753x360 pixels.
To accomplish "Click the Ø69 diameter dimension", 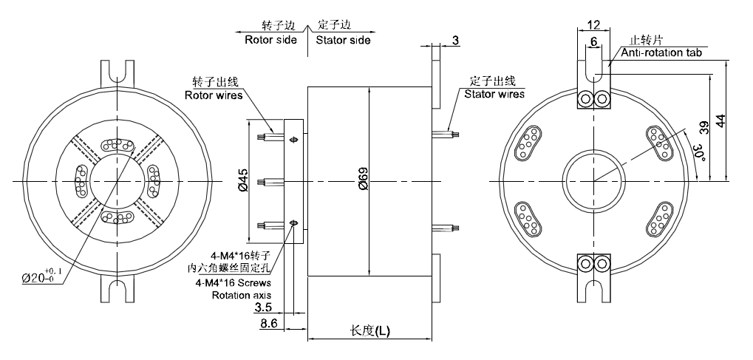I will (x=364, y=181).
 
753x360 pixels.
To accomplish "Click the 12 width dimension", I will (x=592, y=24).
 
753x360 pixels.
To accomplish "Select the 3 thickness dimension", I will (x=456, y=41).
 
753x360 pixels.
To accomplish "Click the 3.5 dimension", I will (x=263, y=306).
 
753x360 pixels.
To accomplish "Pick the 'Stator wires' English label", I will (x=494, y=94).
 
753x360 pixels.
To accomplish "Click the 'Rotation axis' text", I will (x=242, y=295).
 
